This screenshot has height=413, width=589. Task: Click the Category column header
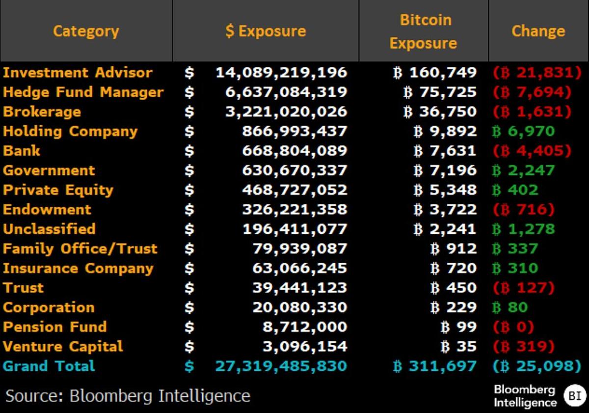(86, 31)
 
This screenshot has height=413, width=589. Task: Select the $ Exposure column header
(266, 31)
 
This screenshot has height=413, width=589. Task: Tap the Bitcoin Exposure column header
(423, 31)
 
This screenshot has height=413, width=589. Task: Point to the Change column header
(538, 31)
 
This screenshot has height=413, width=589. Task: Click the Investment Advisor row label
(78, 73)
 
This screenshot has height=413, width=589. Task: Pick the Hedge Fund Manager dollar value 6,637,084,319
(286, 92)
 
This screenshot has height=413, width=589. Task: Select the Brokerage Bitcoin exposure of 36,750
(440, 111)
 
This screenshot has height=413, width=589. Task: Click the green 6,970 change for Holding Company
(523, 131)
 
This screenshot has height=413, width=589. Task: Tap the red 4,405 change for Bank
(532, 151)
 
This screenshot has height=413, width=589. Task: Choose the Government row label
(49, 170)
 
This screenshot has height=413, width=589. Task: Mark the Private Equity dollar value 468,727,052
(294, 190)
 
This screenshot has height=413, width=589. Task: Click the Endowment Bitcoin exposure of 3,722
(445, 210)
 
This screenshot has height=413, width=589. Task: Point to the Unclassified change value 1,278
(523, 229)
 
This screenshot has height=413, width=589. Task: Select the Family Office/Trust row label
(80, 248)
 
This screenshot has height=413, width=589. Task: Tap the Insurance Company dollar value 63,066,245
(299, 268)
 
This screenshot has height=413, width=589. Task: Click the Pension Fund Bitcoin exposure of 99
(459, 327)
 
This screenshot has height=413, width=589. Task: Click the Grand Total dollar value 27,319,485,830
(281, 366)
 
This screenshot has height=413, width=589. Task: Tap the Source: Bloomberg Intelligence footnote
(128, 396)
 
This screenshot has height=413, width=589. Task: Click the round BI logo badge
(575, 396)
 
